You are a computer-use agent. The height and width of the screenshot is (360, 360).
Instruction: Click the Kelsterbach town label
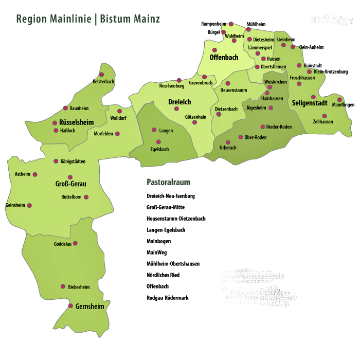click(103, 82)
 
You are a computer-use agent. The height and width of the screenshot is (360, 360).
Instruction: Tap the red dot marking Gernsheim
click(70, 306)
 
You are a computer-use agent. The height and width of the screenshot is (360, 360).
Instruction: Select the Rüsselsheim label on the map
click(77, 122)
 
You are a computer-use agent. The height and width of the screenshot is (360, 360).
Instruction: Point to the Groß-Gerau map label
click(70, 185)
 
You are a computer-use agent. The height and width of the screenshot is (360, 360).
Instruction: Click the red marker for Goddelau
click(75, 243)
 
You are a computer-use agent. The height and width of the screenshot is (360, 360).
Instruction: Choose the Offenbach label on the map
click(224, 58)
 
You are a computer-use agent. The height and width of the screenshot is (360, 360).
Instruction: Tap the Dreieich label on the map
click(179, 102)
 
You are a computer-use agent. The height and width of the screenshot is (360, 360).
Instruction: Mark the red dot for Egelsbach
click(158, 141)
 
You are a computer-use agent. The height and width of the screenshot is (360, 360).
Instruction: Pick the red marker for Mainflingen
click(339, 100)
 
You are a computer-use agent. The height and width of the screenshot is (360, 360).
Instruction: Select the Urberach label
click(228, 148)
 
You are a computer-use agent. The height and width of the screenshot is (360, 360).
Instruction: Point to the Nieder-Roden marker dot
click(263, 127)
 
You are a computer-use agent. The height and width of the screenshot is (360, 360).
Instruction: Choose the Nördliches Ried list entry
click(163, 275)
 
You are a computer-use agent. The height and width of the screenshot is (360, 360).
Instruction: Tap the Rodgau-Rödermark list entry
click(168, 298)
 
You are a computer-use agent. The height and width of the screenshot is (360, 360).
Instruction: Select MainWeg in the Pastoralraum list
click(157, 253)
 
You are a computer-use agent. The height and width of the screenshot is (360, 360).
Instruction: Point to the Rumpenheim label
click(214, 24)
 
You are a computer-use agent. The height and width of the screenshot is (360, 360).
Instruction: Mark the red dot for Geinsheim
click(29, 205)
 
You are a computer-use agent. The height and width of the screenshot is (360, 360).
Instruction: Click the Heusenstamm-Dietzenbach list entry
click(176, 219)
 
